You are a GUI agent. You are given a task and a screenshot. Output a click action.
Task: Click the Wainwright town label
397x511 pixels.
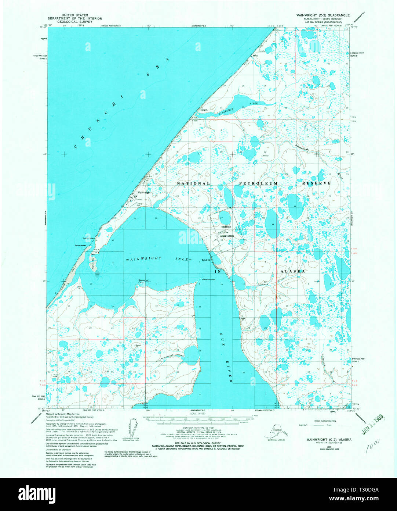click(x=143, y=193)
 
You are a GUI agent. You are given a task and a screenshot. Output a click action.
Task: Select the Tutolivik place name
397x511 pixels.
click(x=206, y=260)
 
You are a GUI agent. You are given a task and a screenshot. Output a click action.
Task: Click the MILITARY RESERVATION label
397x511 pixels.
click(x=227, y=231)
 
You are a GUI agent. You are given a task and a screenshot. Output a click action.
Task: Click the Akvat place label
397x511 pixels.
click(x=255, y=56)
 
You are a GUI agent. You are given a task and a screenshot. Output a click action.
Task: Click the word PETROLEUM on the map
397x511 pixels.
click(x=259, y=183)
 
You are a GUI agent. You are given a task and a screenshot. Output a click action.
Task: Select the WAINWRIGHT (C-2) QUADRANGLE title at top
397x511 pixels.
click(x=323, y=15)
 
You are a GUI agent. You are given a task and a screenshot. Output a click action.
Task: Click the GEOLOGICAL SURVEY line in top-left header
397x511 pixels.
click(x=77, y=22)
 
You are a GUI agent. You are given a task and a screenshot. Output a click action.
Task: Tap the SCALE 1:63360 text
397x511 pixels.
click(x=198, y=414)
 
